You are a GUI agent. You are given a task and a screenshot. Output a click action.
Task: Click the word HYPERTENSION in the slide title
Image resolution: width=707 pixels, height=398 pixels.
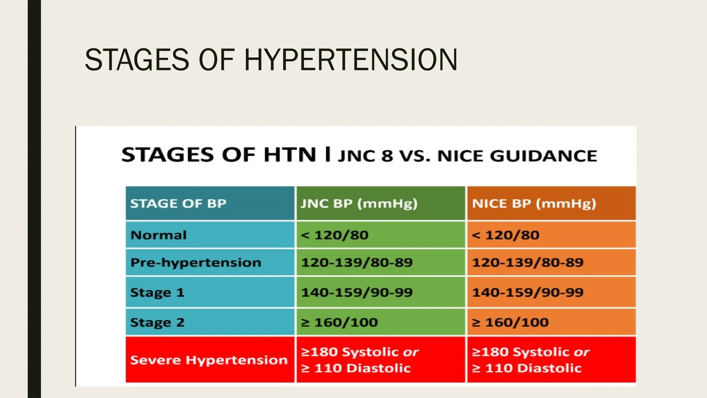[x=351, y=60]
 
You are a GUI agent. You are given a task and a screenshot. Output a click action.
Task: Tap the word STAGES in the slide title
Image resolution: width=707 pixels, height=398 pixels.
[x=137, y=60]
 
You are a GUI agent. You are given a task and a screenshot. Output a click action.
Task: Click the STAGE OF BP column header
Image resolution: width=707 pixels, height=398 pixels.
[x=178, y=203]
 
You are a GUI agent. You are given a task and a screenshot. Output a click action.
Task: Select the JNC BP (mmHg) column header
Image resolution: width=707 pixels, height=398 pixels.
[x=359, y=203]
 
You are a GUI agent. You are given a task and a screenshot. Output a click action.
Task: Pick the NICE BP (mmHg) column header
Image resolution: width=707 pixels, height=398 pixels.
[x=534, y=203]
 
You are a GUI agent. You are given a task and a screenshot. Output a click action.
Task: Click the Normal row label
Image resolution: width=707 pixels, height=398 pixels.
[x=158, y=235]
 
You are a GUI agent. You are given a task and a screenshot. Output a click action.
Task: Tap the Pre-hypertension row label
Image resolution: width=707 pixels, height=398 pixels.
[x=196, y=263]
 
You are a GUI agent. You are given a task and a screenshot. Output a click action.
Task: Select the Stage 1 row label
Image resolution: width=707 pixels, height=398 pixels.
[x=157, y=293]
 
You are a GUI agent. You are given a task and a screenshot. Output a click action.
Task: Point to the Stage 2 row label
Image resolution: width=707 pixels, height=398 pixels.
[x=157, y=323]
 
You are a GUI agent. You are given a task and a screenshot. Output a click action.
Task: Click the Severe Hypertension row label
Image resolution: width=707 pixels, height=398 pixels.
[x=209, y=360]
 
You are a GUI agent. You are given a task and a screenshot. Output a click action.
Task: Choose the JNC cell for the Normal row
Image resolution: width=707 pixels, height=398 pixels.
[x=335, y=235]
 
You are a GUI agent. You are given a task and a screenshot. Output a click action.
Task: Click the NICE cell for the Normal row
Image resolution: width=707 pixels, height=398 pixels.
[x=505, y=235]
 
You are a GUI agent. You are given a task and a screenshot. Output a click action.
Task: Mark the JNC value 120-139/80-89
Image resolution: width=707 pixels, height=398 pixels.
[x=357, y=263]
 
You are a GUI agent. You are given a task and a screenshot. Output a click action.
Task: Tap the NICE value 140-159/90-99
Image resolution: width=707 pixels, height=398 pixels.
[x=527, y=293]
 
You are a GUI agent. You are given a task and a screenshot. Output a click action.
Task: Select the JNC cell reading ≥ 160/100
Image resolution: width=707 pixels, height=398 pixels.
[x=339, y=323]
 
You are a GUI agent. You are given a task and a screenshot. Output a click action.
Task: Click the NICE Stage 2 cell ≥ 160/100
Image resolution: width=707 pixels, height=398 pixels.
[x=510, y=323]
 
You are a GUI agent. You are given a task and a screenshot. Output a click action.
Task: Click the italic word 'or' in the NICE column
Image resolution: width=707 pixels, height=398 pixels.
[x=582, y=352]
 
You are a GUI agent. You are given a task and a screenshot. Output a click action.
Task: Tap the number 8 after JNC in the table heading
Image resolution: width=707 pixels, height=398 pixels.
[x=387, y=156]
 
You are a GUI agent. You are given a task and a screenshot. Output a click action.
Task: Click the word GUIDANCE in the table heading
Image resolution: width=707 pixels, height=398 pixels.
[x=543, y=156]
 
